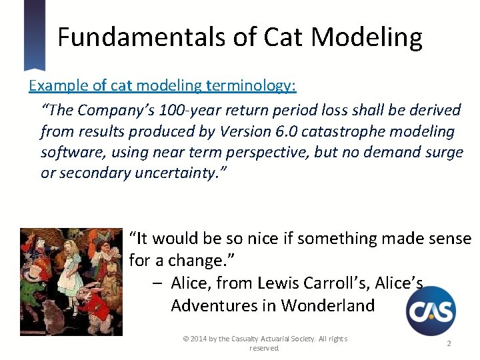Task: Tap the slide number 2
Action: [449, 343]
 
